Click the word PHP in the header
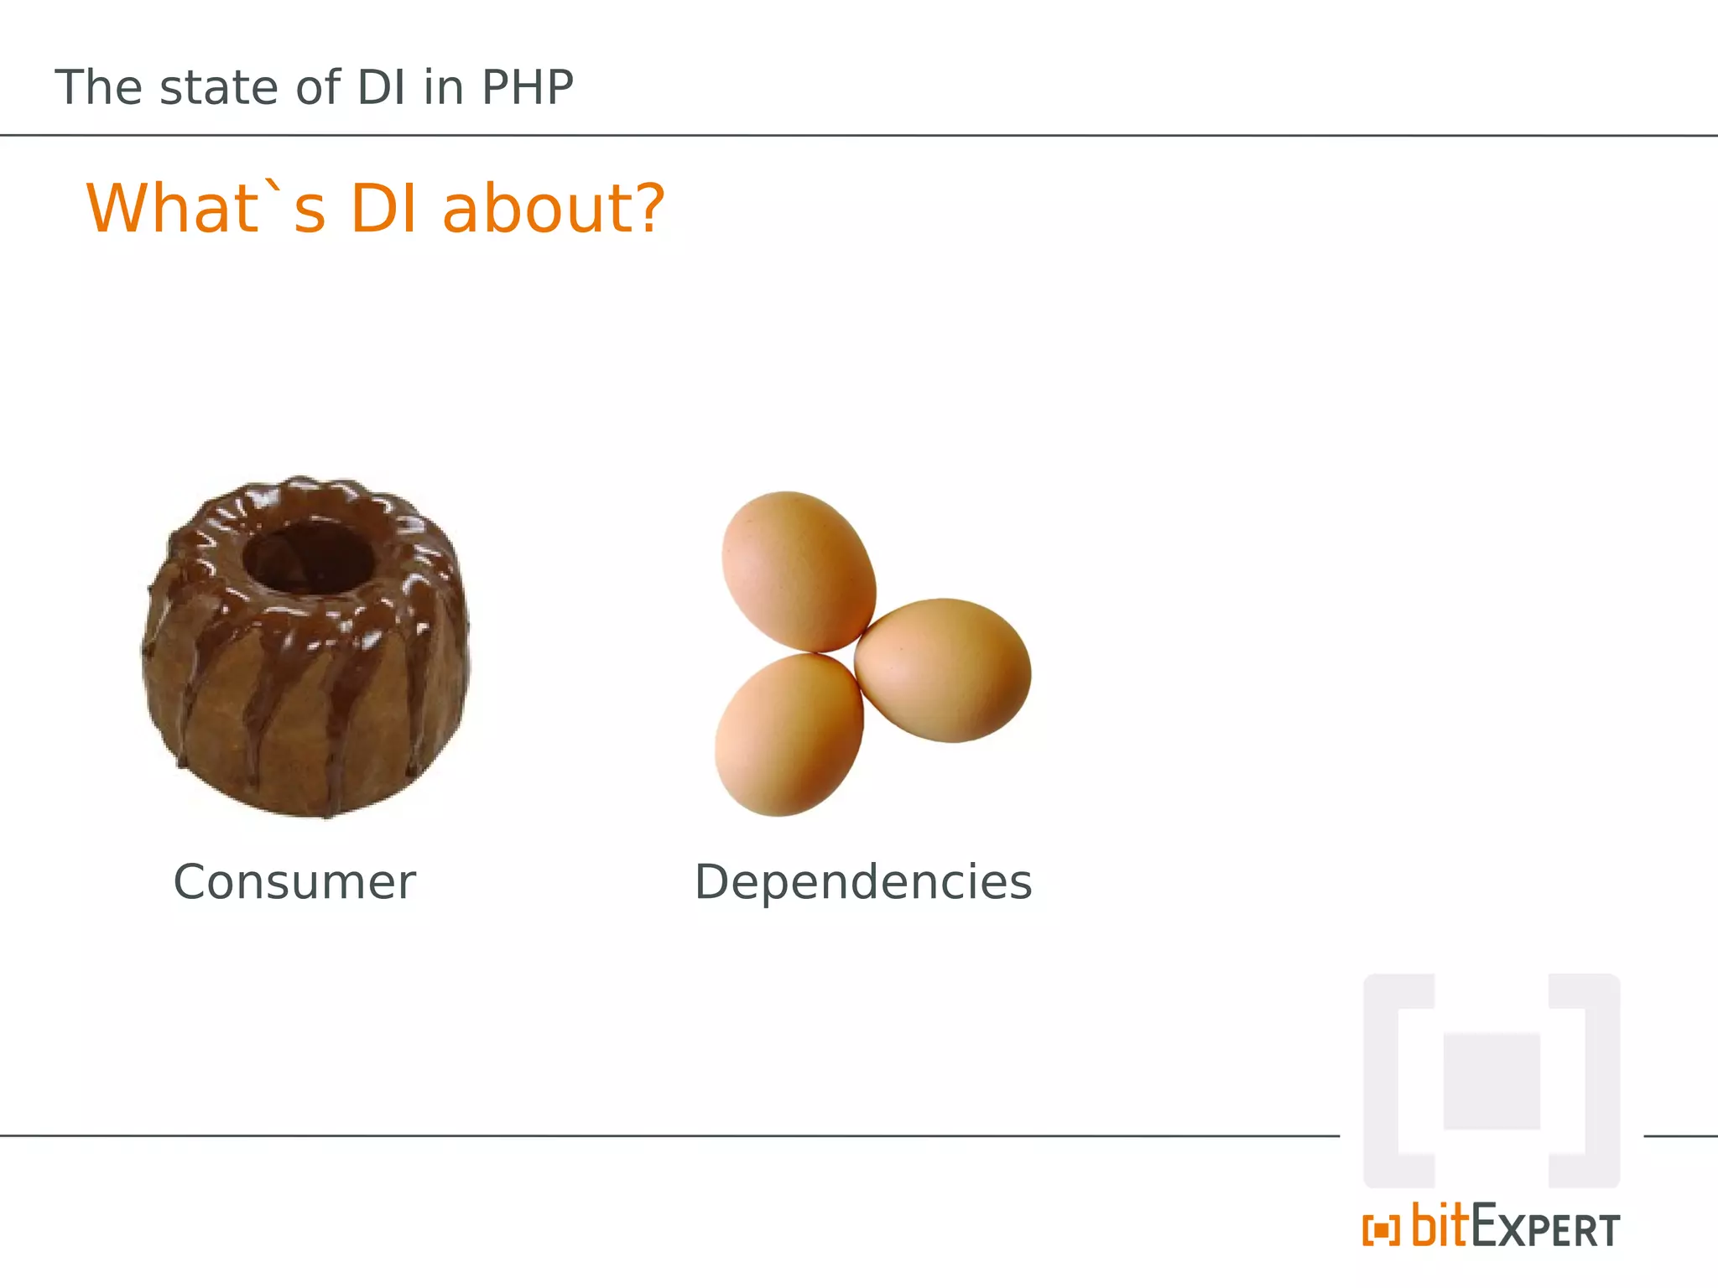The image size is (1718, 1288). coord(527,87)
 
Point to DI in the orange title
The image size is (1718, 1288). coord(383,208)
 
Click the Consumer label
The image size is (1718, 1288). coord(294,882)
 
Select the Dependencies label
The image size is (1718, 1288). coord(863,882)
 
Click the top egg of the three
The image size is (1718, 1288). coord(798,571)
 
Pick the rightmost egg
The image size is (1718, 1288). coord(943,670)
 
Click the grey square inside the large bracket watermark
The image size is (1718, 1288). coord(1492,1082)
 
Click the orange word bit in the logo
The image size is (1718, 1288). coord(1439,1226)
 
